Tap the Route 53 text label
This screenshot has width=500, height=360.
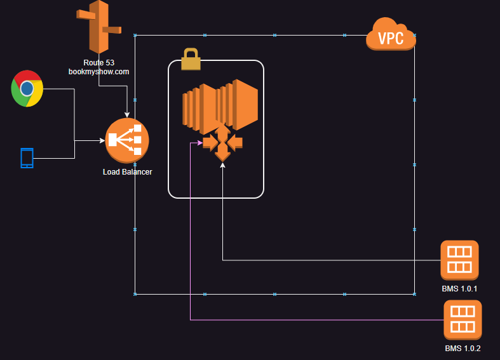[98, 63]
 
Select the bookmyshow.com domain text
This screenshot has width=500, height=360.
[98, 72]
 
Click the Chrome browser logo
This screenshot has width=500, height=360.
[27, 89]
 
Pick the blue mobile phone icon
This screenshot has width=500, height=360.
[27, 158]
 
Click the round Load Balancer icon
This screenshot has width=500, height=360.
[127, 140]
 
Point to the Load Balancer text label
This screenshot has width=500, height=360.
[127, 172]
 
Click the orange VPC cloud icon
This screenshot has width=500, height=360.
[391, 36]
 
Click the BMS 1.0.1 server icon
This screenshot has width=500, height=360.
[459, 260]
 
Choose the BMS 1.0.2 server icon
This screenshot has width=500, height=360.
[463, 319]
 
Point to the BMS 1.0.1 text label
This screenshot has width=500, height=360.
[459, 289]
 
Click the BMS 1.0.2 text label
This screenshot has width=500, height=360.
[463, 349]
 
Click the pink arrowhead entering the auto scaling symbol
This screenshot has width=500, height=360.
[199, 143]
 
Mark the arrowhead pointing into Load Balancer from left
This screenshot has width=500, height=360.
[102, 140]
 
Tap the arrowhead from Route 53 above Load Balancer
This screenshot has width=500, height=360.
[127, 115]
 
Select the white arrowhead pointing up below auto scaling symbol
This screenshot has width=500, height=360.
[222, 165]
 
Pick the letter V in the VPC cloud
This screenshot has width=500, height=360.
[382, 39]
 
